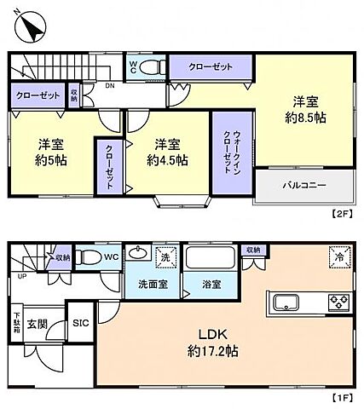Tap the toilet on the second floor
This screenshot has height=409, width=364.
click(153, 67)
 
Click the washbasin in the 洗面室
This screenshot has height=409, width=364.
click(136, 253)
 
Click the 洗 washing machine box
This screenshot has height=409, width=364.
click(166, 255)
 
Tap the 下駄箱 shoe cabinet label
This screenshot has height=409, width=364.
click(16, 325)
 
